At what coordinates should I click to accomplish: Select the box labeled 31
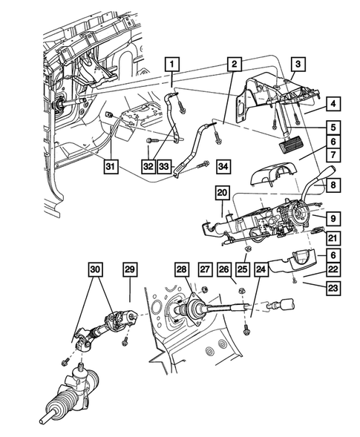point(110,165)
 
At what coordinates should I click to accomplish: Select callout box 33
point(164,165)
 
